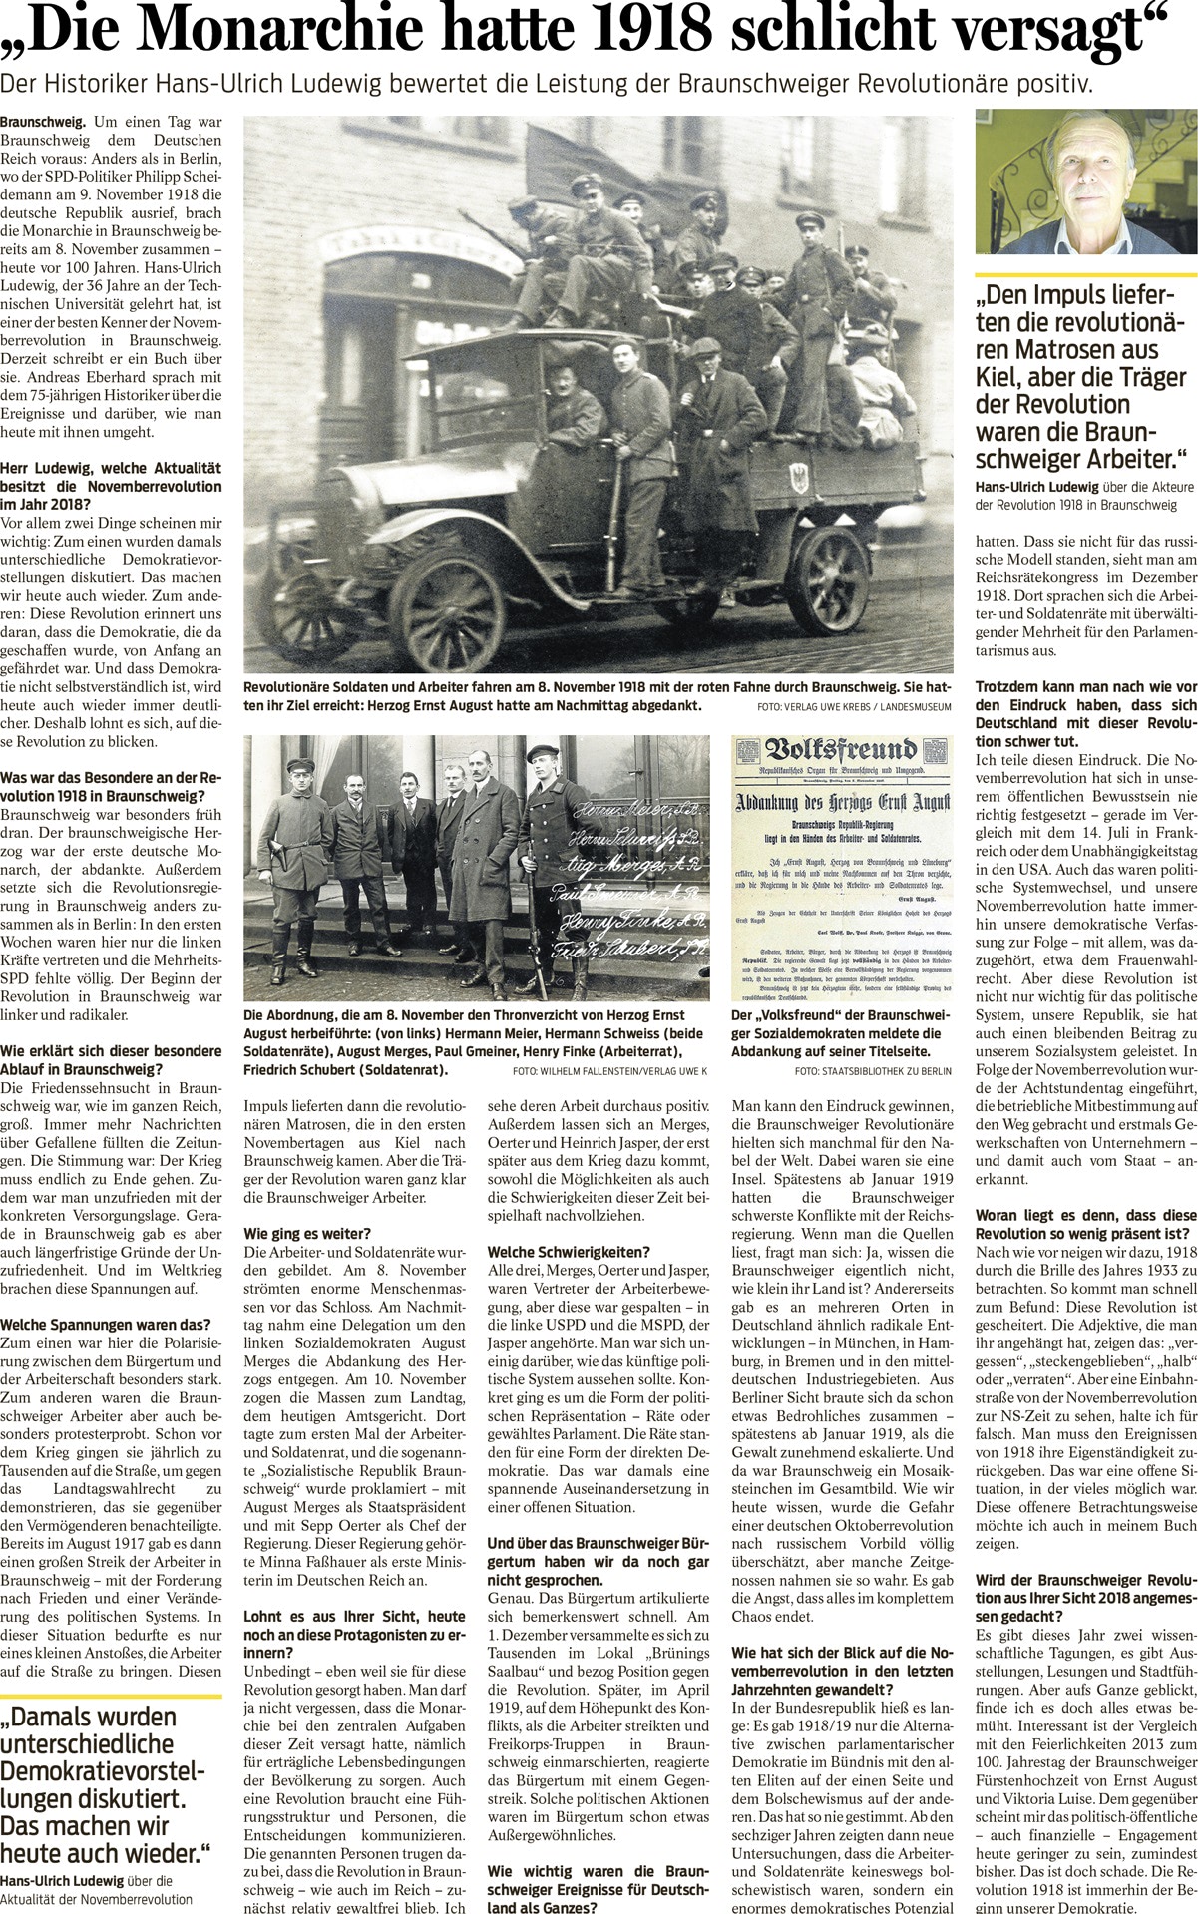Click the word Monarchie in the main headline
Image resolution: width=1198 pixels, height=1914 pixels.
[x=286, y=31]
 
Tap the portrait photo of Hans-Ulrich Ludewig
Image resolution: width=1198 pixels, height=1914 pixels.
[x=1085, y=183]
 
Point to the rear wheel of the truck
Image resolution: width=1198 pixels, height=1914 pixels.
[x=827, y=580]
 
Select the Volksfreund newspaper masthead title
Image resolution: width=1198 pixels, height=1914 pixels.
[x=840, y=751]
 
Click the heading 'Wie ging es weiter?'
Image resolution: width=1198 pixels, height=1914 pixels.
[x=307, y=1234]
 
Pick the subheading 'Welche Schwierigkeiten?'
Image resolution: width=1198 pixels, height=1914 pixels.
[x=569, y=1252]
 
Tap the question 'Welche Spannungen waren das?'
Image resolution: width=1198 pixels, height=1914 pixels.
[x=106, y=1325]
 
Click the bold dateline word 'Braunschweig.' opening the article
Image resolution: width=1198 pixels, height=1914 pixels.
[x=43, y=122]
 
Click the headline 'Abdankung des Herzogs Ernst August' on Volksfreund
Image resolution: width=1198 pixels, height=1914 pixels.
[x=842, y=801]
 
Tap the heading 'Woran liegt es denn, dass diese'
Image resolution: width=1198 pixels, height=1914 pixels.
[x=1085, y=1216]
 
